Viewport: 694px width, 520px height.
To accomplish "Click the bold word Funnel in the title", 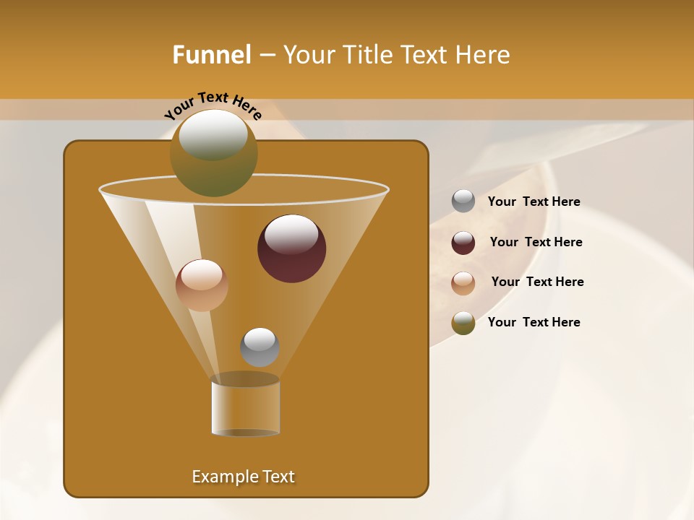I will pyautogui.click(x=211, y=55).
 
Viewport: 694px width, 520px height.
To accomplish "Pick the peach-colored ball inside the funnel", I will pyautogui.click(x=202, y=285).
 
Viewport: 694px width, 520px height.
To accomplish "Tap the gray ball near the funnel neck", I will pyautogui.click(x=260, y=347).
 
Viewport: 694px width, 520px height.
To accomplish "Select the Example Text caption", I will pyautogui.click(x=243, y=477).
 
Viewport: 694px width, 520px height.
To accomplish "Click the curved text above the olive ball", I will pyautogui.click(x=213, y=105).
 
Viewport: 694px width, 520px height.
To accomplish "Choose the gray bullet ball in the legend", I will pyautogui.click(x=463, y=201).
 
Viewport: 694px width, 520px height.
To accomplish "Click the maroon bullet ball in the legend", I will pyautogui.click(x=463, y=243).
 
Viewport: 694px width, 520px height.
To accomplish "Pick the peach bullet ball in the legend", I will pyautogui.click(x=463, y=282).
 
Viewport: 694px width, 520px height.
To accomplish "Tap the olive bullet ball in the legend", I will pyautogui.click(x=463, y=323).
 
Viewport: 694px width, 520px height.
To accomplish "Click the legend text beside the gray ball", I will pyautogui.click(x=534, y=202).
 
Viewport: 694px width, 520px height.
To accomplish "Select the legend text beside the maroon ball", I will pyautogui.click(x=536, y=243).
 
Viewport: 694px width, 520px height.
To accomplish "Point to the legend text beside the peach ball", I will pyautogui.click(x=537, y=282).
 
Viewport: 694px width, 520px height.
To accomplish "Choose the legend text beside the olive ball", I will pyautogui.click(x=534, y=323).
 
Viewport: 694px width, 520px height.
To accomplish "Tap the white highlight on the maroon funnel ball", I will pyautogui.click(x=291, y=235).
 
